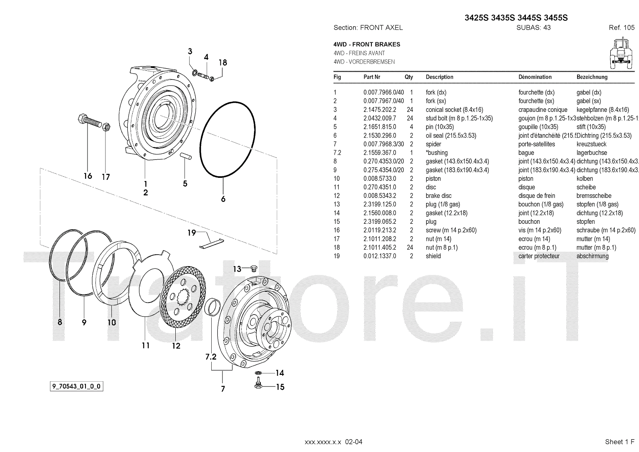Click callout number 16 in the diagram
click(88, 176)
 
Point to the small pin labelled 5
click(186, 156)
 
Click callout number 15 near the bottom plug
click(280, 387)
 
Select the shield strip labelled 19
click(211, 243)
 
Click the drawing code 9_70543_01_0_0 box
click(76, 386)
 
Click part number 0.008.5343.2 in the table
click(379, 196)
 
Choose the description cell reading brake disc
click(439, 196)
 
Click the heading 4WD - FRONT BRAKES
click(367, 44)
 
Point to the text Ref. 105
click(621, 28)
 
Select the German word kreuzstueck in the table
click(591, 144)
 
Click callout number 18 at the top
click(222, 62)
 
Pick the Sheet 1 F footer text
click(619, 442)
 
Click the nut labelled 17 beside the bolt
click(106, 127)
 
